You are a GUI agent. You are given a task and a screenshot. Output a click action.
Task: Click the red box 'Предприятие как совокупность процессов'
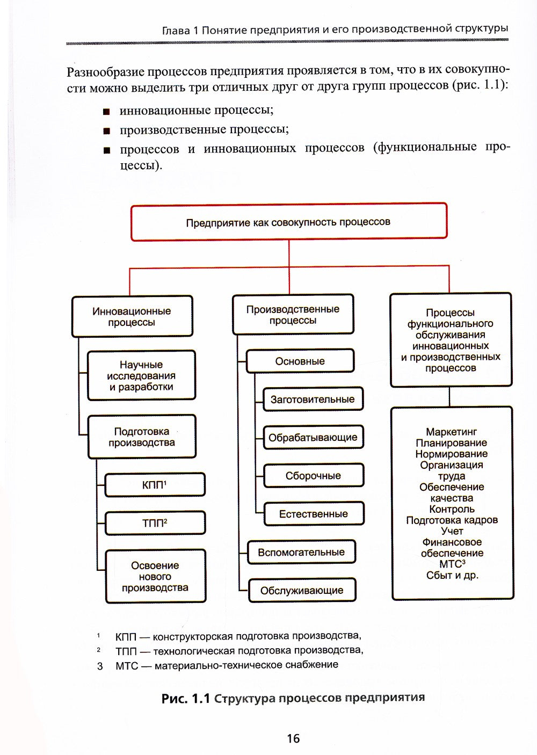[288, 222]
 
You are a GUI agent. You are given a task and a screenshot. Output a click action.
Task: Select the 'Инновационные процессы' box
[132, 316]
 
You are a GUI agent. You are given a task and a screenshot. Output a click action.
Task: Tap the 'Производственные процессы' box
[293, 315]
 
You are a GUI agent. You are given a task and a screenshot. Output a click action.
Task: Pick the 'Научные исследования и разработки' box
[141, 375]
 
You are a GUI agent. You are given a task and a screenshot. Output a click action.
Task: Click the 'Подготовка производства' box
[141, 437]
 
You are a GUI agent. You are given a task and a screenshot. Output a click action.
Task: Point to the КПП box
[155, 485]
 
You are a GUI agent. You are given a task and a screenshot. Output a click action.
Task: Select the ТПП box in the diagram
[155, 522]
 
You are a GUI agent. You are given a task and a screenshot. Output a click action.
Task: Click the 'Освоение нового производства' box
[155, 576]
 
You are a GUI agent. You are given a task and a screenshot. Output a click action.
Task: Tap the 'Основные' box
[300, 361]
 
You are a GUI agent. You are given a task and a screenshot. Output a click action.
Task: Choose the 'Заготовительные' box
[313, 399]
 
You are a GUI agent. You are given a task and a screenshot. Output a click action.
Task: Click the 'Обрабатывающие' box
[313, 437]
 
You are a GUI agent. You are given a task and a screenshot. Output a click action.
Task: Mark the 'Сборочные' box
[313, 476]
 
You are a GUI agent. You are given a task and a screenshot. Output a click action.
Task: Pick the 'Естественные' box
[313, 514]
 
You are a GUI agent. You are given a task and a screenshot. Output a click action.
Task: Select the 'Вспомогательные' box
[301, 552]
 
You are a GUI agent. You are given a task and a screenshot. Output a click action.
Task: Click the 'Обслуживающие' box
[301, 590]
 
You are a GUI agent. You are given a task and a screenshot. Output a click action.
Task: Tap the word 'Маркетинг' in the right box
[451, 432]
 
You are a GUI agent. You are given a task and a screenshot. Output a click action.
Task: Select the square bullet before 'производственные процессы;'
[107, 131]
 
